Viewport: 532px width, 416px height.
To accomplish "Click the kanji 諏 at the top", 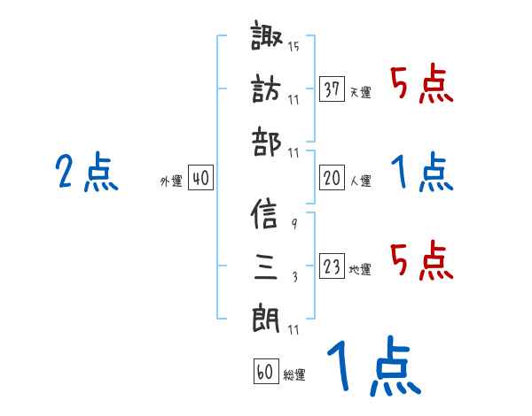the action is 268,39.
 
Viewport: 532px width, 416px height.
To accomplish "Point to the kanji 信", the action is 267,214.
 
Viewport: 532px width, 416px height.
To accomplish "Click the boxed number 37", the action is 332,89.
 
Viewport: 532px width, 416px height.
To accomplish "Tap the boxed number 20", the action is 332,178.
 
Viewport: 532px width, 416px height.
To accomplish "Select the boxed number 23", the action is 332,266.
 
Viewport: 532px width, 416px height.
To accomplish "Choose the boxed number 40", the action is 200,178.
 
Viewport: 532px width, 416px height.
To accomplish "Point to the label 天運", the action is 360,93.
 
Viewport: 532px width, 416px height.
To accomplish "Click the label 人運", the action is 360,181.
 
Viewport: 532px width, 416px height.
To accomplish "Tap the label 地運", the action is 360,270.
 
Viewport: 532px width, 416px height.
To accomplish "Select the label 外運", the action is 171,181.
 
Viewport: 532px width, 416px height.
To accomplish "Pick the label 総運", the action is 294,374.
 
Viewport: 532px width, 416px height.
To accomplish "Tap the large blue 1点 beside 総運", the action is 372,366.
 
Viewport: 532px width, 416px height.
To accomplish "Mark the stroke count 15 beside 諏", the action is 293,47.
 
